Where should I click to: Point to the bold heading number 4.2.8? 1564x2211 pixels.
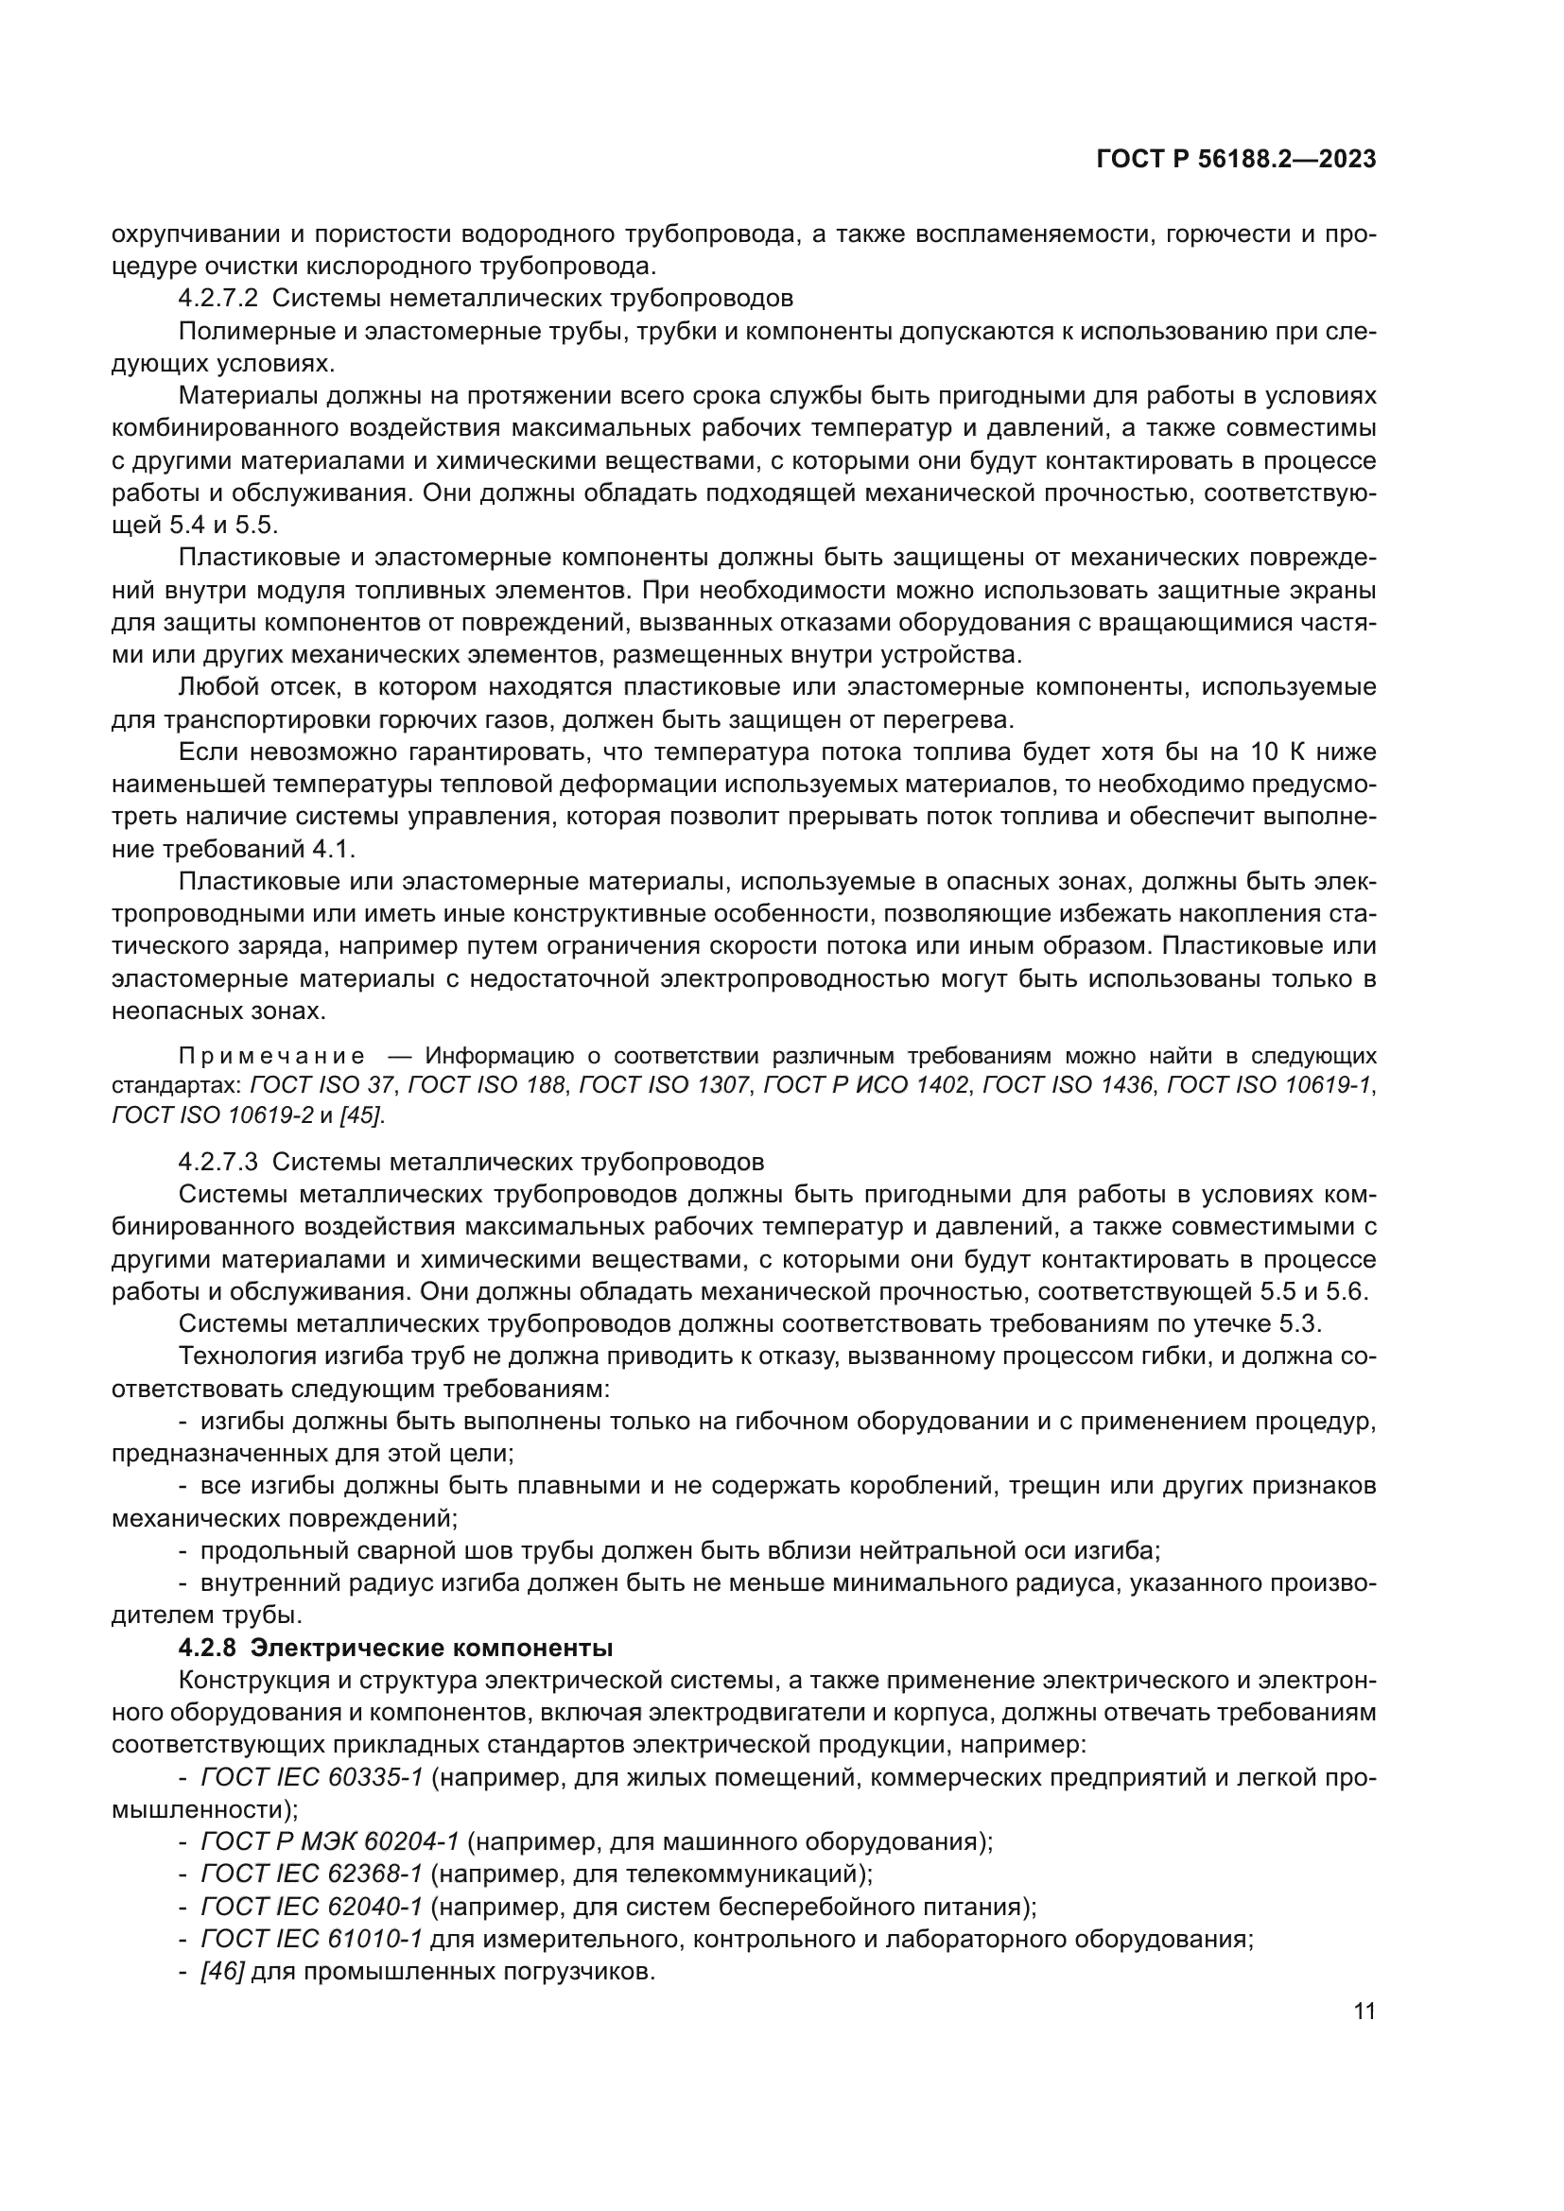(207, 1648)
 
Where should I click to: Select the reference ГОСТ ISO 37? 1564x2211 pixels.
(321, 1085)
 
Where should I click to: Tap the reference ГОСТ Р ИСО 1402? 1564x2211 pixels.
(866, 1085)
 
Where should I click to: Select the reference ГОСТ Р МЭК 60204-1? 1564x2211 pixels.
(329, 1842)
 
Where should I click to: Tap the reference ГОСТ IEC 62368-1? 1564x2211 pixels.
(312, 1874)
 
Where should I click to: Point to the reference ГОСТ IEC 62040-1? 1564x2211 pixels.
(312, 1907)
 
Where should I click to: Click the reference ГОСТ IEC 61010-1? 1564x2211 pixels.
(312, 1939)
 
